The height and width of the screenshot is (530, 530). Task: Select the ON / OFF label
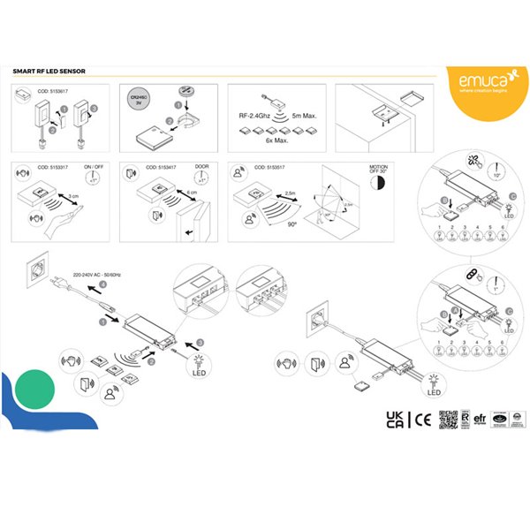point(95,167)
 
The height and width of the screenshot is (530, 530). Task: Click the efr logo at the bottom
point(481,420)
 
